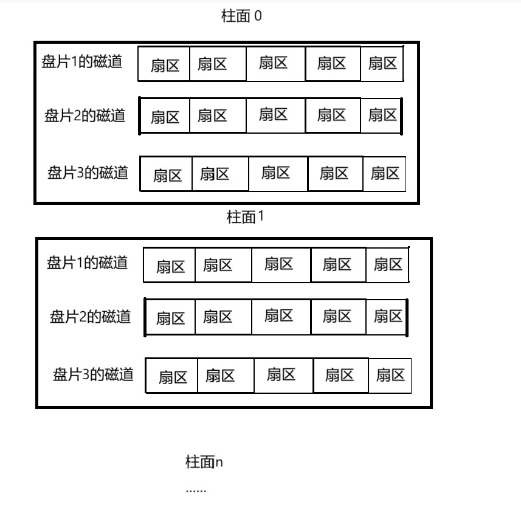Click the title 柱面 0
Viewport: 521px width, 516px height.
click(241, 16)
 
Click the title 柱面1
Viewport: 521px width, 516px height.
click(245, 217)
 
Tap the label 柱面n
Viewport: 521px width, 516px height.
click(204, 463)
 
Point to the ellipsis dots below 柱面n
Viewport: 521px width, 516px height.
click(196, 490)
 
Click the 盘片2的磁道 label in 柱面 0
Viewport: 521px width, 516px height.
click(85, 115)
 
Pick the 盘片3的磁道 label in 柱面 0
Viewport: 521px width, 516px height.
click(88, 173)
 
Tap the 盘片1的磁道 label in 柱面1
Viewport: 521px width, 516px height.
click(87, 263)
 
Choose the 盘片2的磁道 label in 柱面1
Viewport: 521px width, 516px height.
click(90, 317)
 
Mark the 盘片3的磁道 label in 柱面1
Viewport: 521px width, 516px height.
click(93, 374)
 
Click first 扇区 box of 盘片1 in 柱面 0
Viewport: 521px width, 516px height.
click(164, 64)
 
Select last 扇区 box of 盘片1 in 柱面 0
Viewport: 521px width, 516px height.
click(382, 63)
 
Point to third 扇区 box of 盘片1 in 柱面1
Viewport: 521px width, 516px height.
click(280, 264)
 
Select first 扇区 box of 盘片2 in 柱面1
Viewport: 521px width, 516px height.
click(171, 317)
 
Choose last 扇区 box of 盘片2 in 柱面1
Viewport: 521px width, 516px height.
click(388, 316)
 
